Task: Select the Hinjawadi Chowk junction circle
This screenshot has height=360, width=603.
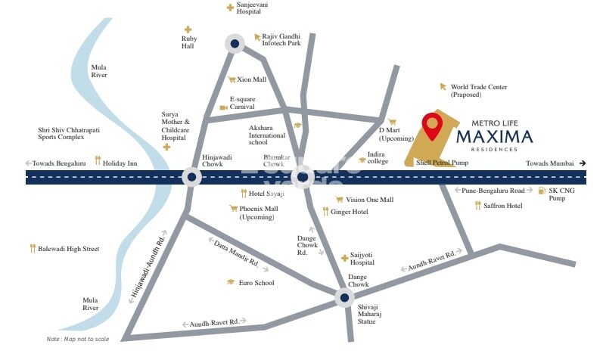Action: pos(192,178)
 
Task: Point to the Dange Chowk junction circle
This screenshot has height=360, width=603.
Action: pos(343,299)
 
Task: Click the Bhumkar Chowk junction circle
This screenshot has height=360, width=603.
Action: pos(302,178)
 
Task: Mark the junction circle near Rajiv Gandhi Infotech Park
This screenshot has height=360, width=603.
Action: pos(235,45)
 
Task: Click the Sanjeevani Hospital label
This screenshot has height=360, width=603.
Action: pos(252,8)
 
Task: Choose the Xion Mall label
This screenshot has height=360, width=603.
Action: pos(251,79)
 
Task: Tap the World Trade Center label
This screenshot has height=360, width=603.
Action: pos(479,91)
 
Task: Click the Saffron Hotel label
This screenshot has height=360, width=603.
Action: pos(504,205)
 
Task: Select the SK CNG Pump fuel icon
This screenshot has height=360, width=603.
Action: pos(542,191)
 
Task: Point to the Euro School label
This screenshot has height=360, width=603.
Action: pos(256,283)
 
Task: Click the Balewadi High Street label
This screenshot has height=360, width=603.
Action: pos(68,248)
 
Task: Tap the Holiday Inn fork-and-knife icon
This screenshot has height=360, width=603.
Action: pos(98,161)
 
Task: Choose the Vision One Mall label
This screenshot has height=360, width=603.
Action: pos(369,200)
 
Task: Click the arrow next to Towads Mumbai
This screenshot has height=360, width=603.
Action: pos(582,163)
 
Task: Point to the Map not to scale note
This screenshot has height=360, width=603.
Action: pos(78,339)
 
